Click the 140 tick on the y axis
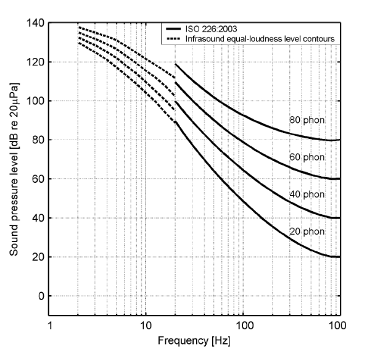click(x=37, y=23)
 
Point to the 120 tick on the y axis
click(x=37, y=62)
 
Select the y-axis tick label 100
click(x=37, y=101)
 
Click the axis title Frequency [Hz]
click(x=194, y=340)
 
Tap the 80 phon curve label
click(x=307, y=120)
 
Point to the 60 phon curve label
click(x=307, y=157)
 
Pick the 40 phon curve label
click(x=307, y=195)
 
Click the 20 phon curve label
click(x=307, y=232)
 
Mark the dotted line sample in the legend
click(x=175, y=39)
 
